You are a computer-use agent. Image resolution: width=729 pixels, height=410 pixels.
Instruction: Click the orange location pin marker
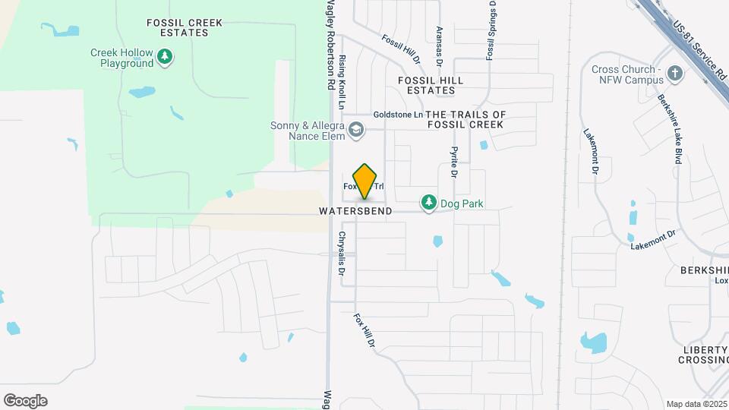[365, 181]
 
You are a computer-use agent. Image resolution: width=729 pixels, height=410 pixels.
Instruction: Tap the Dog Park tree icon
[429, 203]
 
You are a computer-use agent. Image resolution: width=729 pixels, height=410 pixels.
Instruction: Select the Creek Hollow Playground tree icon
[164, 56]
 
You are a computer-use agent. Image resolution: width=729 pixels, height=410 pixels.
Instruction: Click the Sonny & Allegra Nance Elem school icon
[355, 131]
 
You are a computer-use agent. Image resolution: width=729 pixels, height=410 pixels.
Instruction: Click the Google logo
[25, 400]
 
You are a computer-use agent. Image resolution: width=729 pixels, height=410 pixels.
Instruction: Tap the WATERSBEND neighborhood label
[355, 211]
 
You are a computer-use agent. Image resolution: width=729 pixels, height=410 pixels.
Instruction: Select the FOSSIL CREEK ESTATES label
[174, 28]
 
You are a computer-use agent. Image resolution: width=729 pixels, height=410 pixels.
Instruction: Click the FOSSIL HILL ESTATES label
[431, 85]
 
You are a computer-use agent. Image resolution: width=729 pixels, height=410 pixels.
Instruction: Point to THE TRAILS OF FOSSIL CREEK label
[466, 119]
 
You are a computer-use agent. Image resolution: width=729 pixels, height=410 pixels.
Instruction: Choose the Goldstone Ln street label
[397, 115]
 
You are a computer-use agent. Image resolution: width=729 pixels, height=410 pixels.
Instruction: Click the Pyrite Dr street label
[454, 162]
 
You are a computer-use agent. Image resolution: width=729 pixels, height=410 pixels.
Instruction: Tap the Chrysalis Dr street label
[342, 254]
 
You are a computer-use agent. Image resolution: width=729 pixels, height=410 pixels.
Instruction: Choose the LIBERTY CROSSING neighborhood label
[705, 355]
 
